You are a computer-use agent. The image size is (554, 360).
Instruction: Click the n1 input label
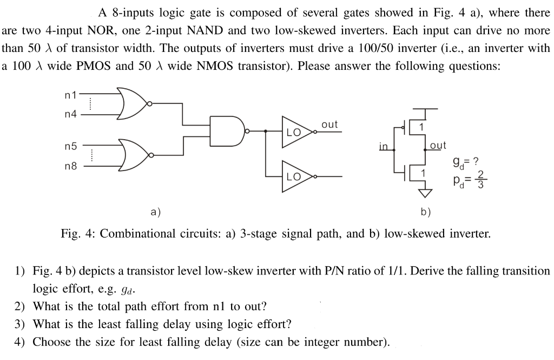click(70, 96)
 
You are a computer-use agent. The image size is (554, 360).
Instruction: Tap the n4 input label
click(70, 114)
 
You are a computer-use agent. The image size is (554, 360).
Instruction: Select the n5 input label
click(70, 146)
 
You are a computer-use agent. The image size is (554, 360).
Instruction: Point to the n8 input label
click(70, 166)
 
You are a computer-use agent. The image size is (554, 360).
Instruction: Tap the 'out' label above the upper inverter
click(329, 125)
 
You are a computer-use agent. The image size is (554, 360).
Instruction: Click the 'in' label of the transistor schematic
click(383, 146)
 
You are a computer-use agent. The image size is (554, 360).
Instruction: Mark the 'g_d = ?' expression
click(467, 161)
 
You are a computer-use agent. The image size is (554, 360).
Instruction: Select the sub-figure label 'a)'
click(156, 212)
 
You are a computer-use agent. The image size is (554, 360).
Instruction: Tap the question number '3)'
click(20, 324)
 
